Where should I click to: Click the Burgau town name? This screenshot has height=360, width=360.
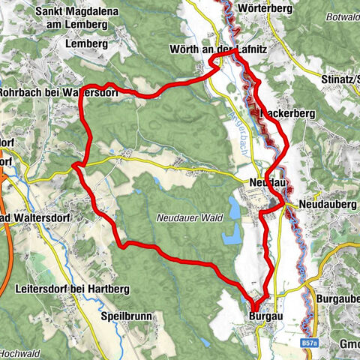262,316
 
